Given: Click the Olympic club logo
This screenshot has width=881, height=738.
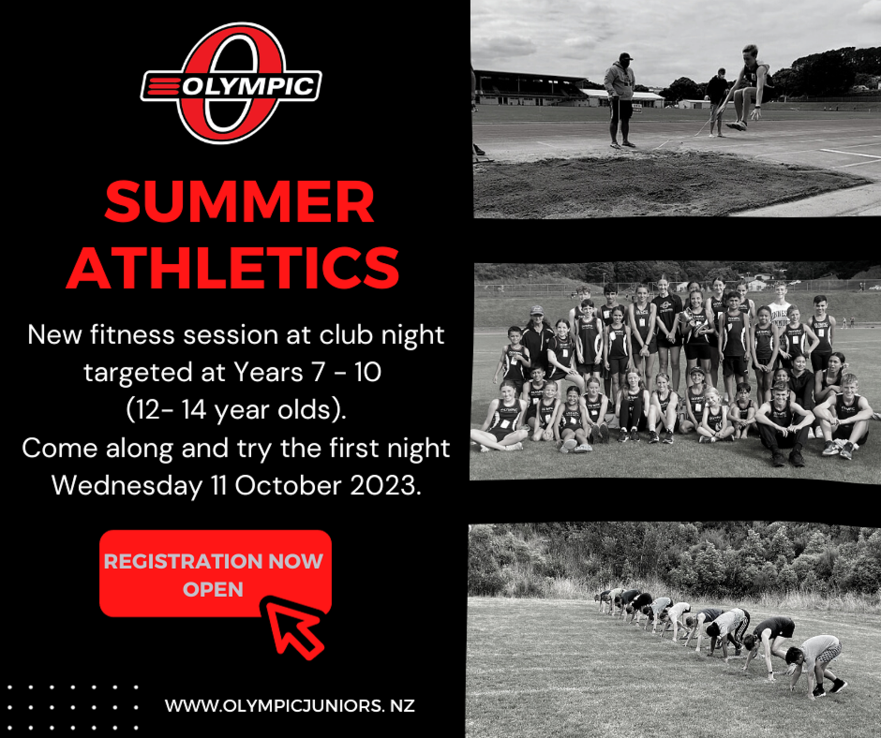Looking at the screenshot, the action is click(231, 83).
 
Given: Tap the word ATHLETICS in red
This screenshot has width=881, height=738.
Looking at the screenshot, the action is click(233, 267).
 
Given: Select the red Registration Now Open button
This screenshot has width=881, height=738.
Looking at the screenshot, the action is click(215, 573).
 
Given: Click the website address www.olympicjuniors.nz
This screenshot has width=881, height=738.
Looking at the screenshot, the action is click(290, 706).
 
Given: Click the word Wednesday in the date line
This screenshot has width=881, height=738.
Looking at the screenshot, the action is click(127, 486).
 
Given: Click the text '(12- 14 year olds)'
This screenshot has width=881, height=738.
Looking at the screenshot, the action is click(236, 410).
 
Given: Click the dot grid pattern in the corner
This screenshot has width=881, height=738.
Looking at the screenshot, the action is click(73, 707).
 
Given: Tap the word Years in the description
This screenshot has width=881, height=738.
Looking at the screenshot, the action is click(268, 372).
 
